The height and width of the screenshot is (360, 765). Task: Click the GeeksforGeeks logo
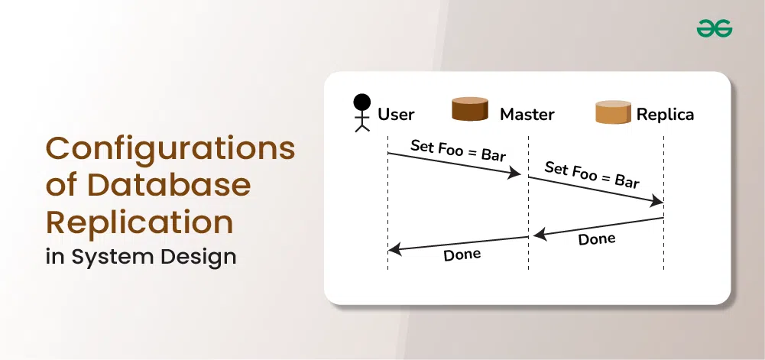click(715, 28)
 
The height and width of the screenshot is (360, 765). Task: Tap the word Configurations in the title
click(170, 149)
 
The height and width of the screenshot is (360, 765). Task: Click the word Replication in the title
click(140, 222)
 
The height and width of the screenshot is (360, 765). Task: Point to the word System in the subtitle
click(114, 257)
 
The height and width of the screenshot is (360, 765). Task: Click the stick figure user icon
click(362, 113)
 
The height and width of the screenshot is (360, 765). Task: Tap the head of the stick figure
click(362, 102)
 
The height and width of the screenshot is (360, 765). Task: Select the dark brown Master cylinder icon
click(470, 109)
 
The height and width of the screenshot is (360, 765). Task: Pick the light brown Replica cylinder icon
click(613, 112)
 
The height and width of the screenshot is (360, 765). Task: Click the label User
click(396, 115)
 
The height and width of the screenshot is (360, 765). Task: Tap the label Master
click(527, 115)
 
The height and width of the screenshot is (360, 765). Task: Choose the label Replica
click(666, 115)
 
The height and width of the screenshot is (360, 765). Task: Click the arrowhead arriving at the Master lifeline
click(515, 173)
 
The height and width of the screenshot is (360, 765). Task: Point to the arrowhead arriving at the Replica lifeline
click(656, 200)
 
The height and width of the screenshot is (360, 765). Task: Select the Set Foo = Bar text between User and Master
click(458, 151)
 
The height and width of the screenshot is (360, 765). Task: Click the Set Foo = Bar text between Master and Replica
click(592, 175)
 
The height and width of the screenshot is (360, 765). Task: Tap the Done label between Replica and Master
click(597, 239)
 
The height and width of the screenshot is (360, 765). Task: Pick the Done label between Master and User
click(462, 255)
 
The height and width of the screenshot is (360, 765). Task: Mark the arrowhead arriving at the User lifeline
click(394, 250)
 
